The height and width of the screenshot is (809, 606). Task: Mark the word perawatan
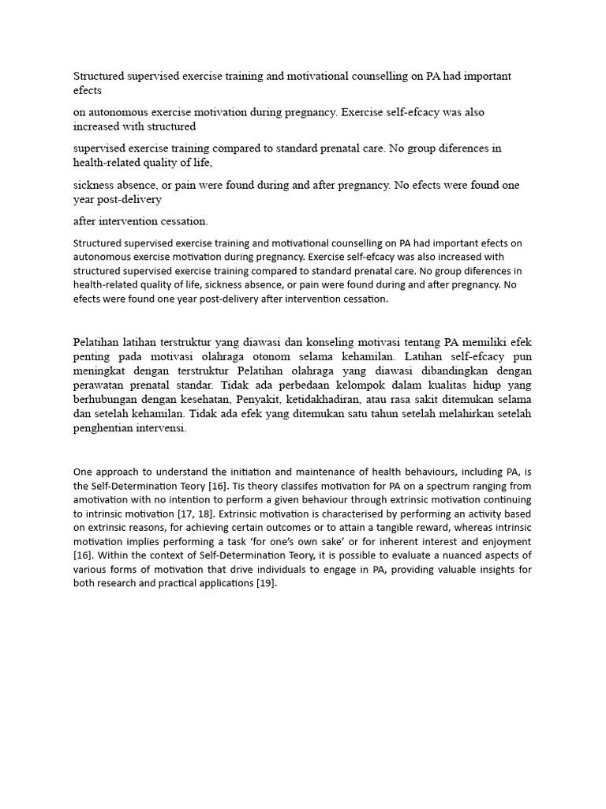99,386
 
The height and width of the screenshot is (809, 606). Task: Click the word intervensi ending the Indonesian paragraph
163,428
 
